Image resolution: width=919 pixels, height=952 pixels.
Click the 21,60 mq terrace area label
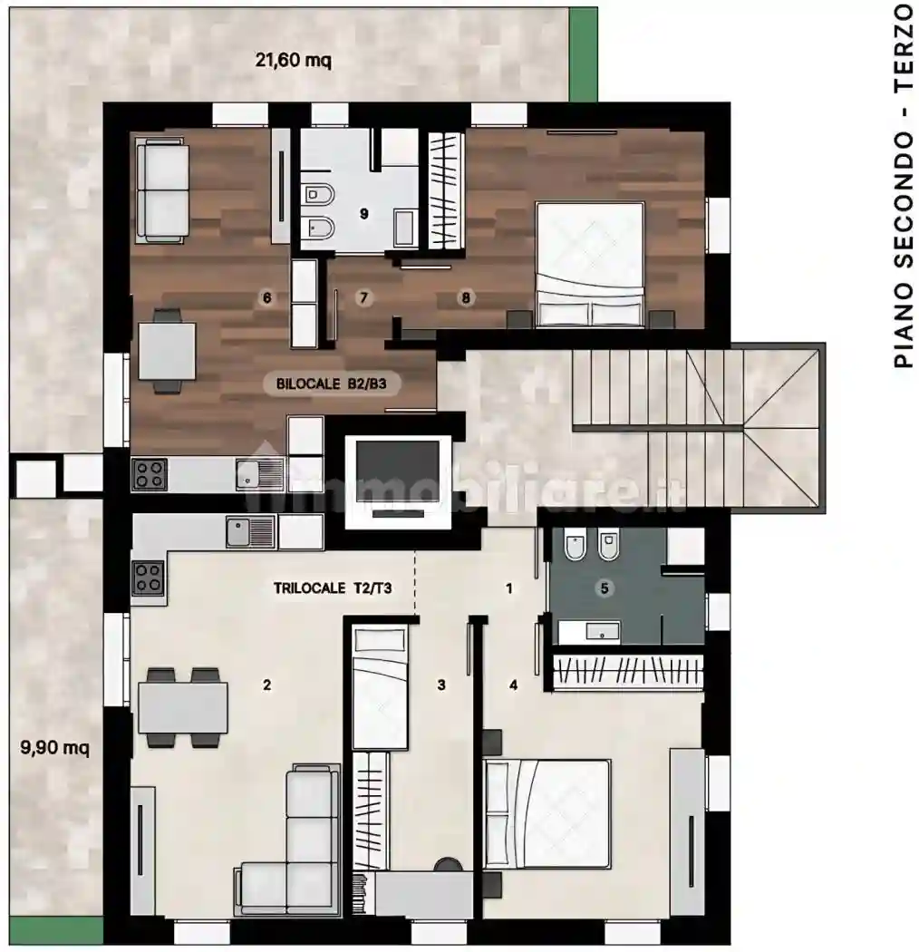[x=293, y=60]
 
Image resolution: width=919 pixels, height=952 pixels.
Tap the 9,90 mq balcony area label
[x=54, y=747]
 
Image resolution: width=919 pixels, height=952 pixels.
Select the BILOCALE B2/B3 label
[x=332, y=384]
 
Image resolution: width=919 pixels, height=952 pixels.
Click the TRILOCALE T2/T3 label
[x=333, y=588]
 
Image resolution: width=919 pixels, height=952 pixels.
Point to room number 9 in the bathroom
[x=363, y=213]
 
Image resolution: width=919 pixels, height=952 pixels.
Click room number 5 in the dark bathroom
[x=604, y=588]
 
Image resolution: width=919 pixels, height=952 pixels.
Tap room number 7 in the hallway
[x=363, y=297]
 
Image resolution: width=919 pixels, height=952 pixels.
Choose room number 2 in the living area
[x=266, y=685]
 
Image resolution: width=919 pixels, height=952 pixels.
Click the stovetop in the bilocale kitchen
[x=150, y=475]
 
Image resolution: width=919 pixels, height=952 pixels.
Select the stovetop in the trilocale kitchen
[x=148, y=578]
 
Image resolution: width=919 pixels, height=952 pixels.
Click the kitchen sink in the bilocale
[x=260, y=474]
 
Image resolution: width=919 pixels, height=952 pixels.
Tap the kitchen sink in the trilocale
[x=251, y=532]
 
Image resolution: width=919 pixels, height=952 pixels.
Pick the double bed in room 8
[x=590, y=265]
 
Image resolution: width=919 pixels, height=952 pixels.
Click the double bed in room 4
[x=547, y=813]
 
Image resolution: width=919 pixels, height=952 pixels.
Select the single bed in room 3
[x=380, y=688]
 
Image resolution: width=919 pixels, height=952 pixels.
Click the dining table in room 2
[x=183, y=707]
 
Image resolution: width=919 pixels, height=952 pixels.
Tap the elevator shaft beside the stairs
[x=398, y=481]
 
